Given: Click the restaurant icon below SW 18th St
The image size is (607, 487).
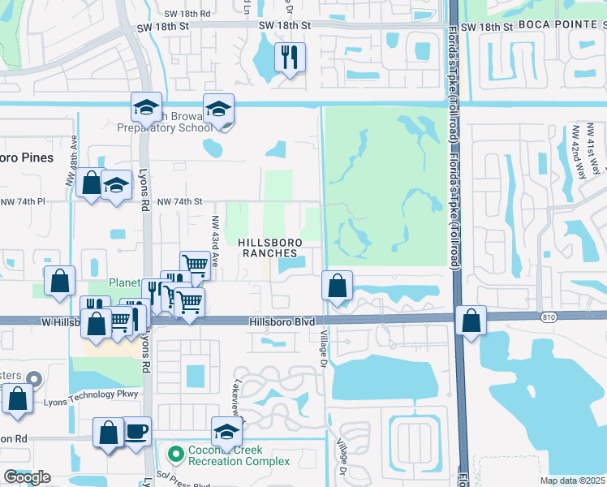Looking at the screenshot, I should [289, 58].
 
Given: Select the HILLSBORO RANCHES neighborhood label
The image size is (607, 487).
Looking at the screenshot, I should [270, 248].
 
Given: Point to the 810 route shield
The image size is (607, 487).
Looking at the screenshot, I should [550, 316].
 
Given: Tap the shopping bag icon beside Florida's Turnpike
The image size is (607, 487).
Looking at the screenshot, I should [471, 321].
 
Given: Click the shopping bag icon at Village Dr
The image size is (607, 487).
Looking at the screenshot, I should [337, 286].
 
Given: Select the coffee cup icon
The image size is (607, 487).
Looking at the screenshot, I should [136, 431].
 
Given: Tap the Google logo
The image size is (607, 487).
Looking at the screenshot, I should [27, 477].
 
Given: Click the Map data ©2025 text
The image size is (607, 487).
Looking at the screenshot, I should [572, 481].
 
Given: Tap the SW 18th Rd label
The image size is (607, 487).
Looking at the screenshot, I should [188, 14].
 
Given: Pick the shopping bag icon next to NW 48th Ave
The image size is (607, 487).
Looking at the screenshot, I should [91, 182].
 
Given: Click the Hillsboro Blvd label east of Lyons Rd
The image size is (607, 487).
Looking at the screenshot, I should [282, 322].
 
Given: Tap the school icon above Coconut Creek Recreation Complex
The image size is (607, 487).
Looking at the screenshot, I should [227, 432].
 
